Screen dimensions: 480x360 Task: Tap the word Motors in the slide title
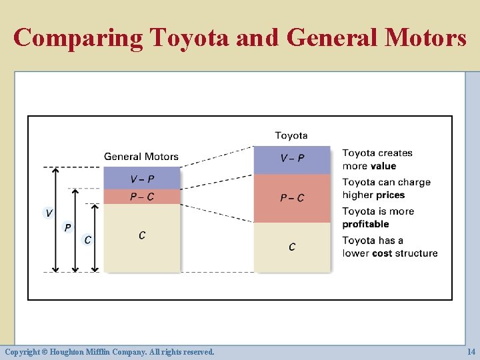(425, 38)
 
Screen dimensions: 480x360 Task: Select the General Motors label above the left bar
(141, 157)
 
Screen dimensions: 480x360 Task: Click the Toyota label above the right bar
(291, 135)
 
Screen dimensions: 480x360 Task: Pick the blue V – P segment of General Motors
(142, 179)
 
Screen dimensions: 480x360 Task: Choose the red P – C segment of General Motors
(142, 197)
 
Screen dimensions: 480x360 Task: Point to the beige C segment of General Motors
(142, 237)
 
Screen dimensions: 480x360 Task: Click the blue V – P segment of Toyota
(292, 159)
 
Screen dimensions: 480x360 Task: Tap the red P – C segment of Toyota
(292, 198)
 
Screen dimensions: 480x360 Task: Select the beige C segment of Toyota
(292, 247)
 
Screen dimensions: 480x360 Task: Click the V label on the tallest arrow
(49, 213)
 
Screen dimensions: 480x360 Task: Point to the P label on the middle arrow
(67, 227)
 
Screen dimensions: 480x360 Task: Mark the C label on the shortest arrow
(88, 239)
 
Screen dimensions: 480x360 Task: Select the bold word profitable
(365, 224)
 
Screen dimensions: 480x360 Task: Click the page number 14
(471, 351)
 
